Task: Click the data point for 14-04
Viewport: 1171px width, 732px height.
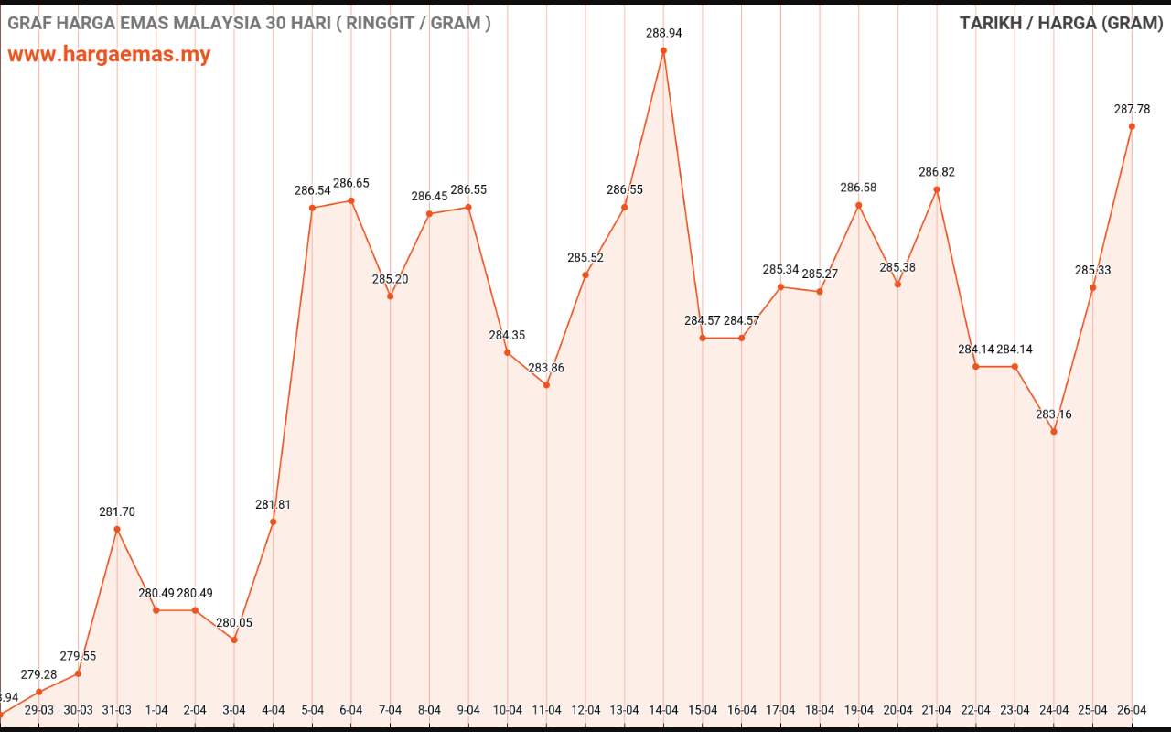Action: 663,50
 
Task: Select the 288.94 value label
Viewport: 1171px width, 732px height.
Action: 663,33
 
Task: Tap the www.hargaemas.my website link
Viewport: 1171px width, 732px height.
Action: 109,54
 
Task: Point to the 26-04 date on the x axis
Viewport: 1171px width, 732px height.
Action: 1132,710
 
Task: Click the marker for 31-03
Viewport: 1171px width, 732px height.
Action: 117,529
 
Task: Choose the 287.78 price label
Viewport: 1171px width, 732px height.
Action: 1132,109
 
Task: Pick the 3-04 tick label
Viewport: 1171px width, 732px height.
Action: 234,710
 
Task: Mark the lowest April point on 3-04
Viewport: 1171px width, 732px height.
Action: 234,640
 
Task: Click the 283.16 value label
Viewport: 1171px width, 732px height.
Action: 1054,414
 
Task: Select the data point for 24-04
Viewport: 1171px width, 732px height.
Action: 1054,431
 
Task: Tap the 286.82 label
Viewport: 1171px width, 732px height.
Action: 937,172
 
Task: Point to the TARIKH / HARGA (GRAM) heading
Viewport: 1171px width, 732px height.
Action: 1061,23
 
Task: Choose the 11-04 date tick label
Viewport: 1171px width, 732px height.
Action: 546,710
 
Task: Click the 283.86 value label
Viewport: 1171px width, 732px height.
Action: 546,368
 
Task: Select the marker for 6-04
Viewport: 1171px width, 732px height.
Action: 351,200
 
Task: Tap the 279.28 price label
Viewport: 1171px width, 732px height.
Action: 38,675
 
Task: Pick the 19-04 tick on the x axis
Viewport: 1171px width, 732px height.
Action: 859,710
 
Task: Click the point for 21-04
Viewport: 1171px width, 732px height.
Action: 937,189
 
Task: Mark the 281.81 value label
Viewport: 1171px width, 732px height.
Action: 274,504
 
